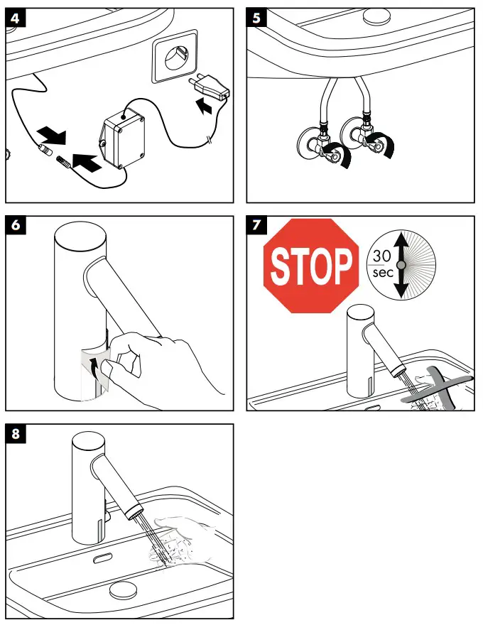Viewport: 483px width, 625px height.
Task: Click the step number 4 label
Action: pos(16,18)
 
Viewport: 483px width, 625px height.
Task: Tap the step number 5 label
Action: pos(256,18)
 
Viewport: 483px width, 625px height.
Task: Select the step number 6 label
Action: pos(16,225)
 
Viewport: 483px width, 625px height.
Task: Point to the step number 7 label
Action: pos(256,225)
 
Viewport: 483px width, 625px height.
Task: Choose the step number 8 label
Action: pos(16,433)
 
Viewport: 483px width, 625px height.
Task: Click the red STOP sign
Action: pos(311,266)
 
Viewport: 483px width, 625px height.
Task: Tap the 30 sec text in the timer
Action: pos(382,263)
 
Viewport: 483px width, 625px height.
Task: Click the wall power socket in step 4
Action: pos(174,56)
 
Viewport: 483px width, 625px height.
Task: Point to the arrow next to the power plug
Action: pos(205,106)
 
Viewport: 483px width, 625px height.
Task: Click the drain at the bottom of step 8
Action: pos(123,589)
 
